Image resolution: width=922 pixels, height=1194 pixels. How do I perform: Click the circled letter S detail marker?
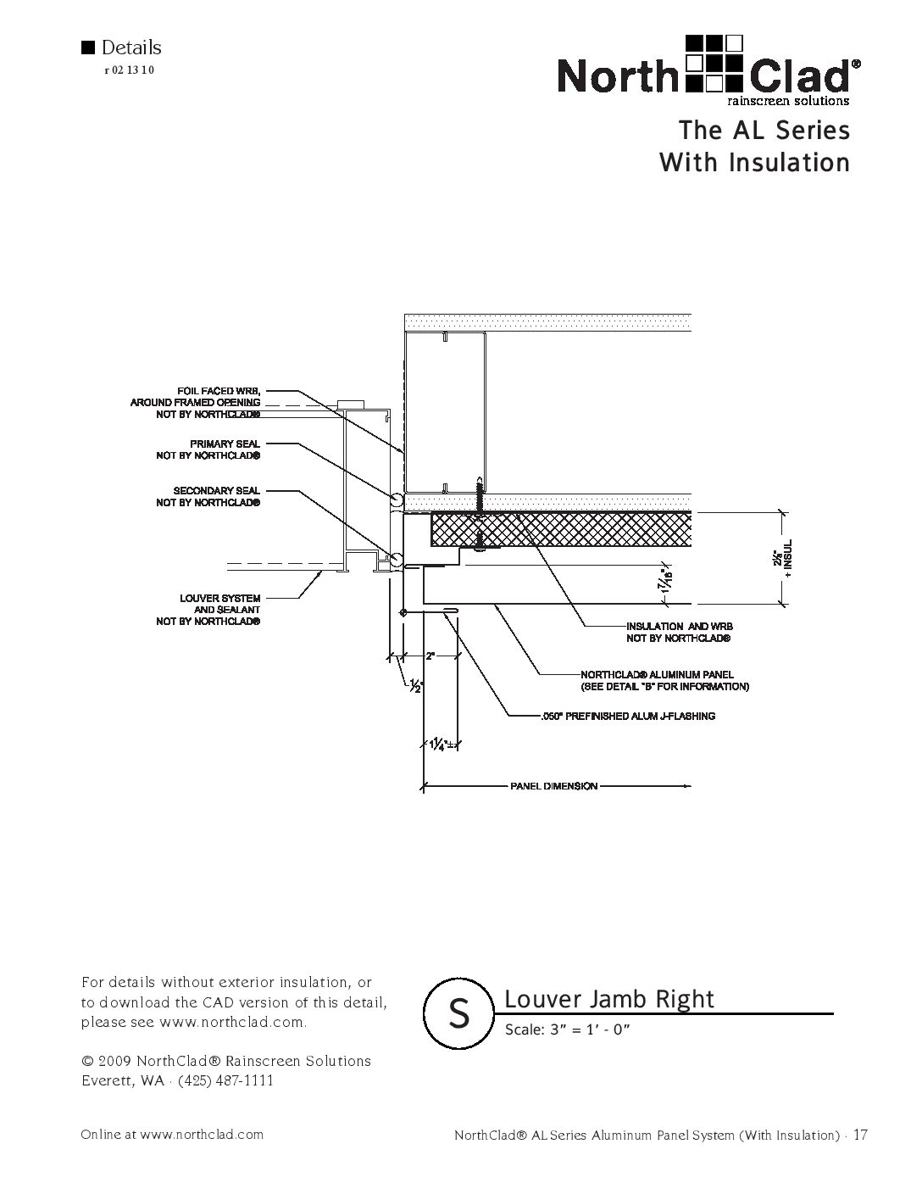(x=458, y=1013)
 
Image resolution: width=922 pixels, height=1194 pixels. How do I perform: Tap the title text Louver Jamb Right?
(x=609, y=1000)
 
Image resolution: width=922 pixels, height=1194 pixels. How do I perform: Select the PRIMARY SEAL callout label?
(x=208, y=449)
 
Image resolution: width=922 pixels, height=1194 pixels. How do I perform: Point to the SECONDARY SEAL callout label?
(x=208, y=497)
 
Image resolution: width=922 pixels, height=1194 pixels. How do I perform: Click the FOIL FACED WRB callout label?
(x=196, y=402)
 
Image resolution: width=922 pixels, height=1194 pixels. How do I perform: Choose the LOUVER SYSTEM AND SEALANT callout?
(x=208, y=610)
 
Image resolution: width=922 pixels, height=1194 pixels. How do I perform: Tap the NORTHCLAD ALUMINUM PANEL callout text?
(x=664, y=680)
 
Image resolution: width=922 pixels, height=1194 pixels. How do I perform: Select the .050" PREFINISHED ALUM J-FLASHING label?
(x=627, y=717)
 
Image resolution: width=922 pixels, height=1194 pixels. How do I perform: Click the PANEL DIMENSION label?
(x=553, y=786)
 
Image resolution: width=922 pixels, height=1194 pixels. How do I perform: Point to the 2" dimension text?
(x=430, y=656)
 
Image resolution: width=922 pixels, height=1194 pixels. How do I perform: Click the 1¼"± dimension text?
(x=439, y=745)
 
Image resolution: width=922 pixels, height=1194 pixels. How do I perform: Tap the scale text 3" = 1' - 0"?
(x=568, y=1030)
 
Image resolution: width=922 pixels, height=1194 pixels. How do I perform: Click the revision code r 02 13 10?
(x=129, y=70)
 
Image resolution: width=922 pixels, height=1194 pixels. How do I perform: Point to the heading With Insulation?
(x=754, y=162)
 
